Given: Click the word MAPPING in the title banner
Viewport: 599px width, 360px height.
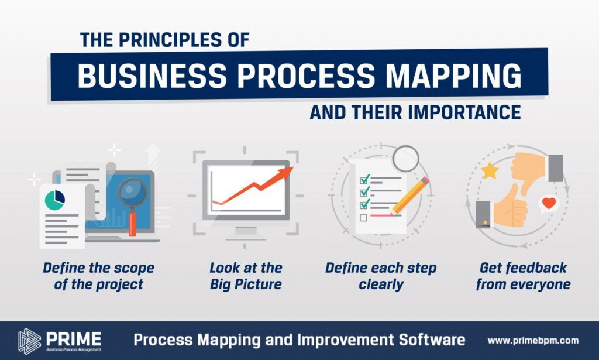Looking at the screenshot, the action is (x=453, y=75).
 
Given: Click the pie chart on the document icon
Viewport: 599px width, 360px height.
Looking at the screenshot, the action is (x=54, y=200).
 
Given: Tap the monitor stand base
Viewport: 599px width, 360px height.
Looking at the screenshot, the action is (x=246, y=238).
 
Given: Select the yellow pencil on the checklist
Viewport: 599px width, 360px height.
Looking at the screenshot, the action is (x=410, y=196).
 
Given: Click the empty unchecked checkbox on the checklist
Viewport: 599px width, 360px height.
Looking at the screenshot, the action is (x=363, y=217).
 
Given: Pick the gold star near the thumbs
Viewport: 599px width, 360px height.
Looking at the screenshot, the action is (x=490, y=171).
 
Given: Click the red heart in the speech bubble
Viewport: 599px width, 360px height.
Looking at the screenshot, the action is (x=549, y=203).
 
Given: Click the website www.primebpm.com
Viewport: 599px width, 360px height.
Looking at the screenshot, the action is (x=533, y=340).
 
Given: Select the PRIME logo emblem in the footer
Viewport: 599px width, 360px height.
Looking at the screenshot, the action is (x=29, y=340).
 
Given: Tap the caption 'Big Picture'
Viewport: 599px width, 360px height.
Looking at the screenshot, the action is (x=246, y=284).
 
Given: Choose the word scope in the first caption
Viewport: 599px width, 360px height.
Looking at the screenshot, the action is (x=135, y=268).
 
